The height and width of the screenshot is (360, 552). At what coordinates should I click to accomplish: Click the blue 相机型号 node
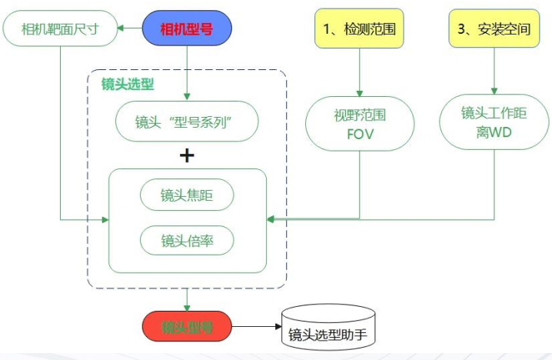(187, 31)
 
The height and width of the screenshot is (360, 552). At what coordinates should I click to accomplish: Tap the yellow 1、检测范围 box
(359, 31)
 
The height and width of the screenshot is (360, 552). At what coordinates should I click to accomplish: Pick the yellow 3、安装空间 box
(494, 31)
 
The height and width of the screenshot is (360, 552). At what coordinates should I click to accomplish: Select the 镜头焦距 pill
(187, 195)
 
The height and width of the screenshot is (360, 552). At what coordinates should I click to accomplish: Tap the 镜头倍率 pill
(187, 241)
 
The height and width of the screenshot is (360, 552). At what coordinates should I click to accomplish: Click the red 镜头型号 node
(187, 328)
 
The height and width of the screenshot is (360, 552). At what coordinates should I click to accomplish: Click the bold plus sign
(187, 155)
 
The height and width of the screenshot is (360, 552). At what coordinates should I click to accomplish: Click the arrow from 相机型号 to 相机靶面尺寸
(129, 31)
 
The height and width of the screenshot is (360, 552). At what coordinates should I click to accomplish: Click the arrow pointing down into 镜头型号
(187, 300)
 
